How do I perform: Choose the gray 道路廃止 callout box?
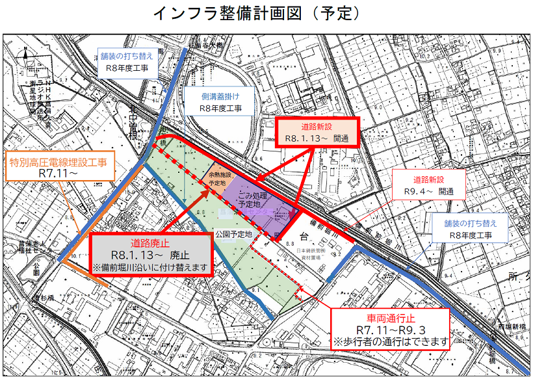pos(151,255)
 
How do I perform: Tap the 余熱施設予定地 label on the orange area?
pos(217,180)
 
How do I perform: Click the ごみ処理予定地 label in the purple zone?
pos(253,199)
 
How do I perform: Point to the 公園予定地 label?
pos(231,234)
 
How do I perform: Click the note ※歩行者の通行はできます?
pos(390,341)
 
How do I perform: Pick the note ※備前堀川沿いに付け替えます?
pos(151,267)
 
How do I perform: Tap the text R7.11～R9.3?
pos(390,329)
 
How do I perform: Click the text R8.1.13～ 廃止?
pos(151,255)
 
